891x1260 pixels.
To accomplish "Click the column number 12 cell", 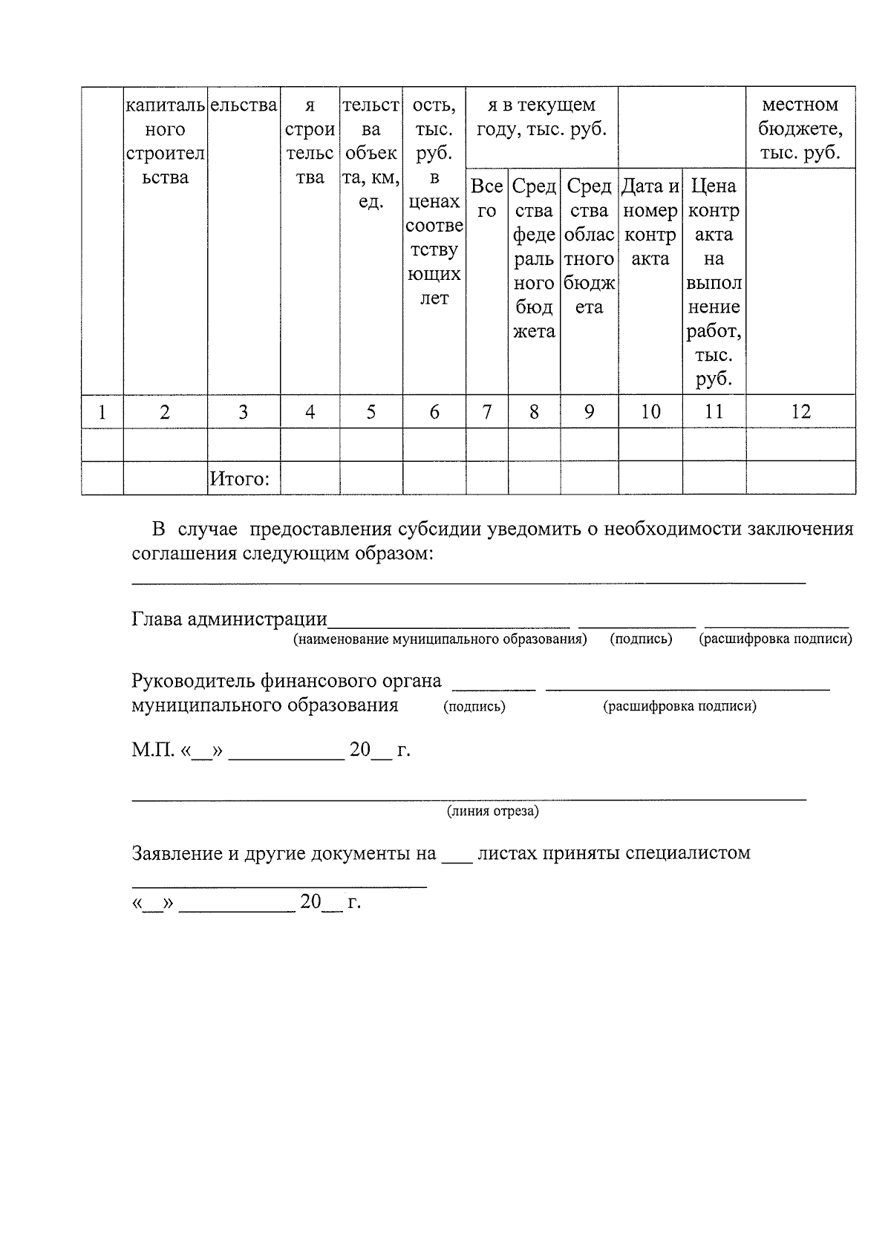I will coord(800,411).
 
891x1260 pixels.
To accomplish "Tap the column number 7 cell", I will coord(486,411).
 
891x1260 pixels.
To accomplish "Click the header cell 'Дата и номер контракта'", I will coord(650,222).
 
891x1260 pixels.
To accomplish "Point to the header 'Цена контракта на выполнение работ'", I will coord(714,282).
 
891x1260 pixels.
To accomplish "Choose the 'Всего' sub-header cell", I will coord(486,198).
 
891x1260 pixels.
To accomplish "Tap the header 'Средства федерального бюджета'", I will coord(534,258).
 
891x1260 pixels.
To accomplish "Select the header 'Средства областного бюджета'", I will coord(589,247).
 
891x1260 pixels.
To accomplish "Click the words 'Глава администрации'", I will coord(229,618).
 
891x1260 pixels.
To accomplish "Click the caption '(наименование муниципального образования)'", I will coord(440,639).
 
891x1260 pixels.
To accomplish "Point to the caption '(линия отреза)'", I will coord(492,811).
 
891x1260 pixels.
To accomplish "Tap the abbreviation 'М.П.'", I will coord(153,750).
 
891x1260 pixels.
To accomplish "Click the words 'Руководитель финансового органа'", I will coord(286,680).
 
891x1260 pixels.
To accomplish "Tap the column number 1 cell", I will coord(102,411).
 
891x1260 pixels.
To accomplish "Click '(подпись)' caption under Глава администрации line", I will coord(641,639).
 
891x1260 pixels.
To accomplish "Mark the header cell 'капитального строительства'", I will coord(165,141).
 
